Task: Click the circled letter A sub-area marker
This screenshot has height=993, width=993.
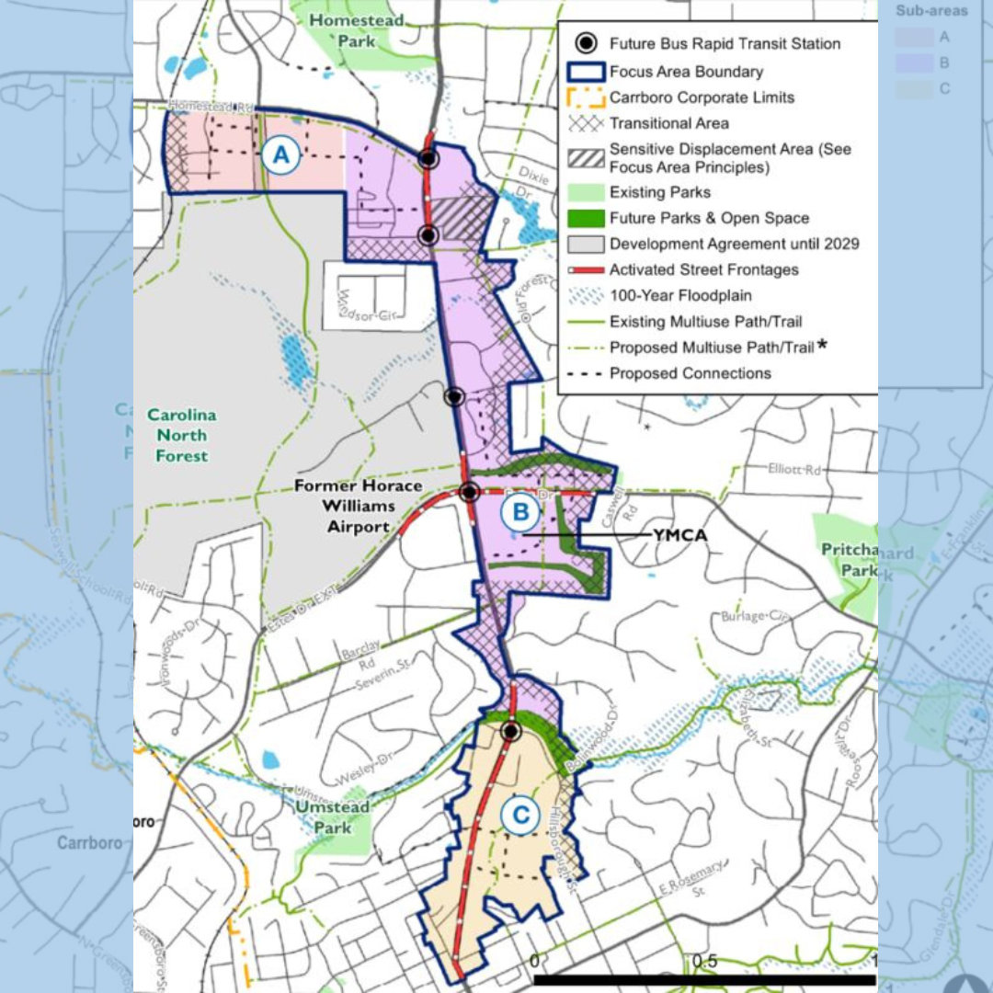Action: click(281, 155)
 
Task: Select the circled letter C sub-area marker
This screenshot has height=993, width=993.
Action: click(520, 814)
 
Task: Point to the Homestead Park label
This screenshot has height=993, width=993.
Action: click(343, 30)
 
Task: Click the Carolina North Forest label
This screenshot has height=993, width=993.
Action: click(181, 435)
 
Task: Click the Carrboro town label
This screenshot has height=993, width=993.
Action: click(89, 842)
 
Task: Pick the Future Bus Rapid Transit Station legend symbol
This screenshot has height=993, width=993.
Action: click(587, 43)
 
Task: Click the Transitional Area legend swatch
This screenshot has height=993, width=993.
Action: click(587, 123)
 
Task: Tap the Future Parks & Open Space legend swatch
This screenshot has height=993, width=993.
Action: click(587, 218)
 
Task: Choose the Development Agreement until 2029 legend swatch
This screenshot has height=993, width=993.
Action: click(587, 244)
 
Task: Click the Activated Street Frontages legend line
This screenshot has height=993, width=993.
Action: click(587, 270)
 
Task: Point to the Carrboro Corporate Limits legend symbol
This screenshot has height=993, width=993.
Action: click(587, 97)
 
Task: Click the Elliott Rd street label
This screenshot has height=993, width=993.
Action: click(794, 469)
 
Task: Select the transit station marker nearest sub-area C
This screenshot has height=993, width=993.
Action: click(511, 731)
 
